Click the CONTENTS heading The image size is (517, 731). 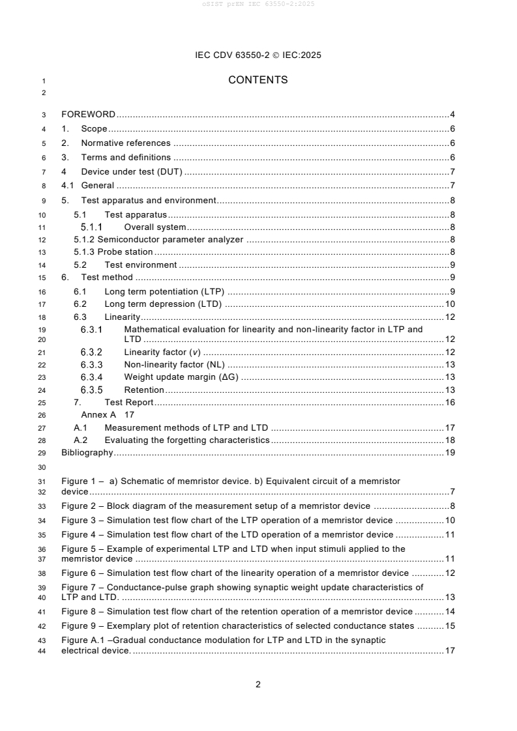point(258,80)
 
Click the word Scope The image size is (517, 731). point(94,129)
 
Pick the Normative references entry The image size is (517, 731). point(125,143)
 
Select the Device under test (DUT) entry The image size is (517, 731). point(131,172)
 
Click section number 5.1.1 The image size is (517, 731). point(91,227)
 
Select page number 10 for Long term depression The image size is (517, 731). point(449,304)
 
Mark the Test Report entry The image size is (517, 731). point(128,403)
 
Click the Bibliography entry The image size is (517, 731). point(87,452)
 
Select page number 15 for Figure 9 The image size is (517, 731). point(449,626)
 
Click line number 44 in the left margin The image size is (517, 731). point(43,652)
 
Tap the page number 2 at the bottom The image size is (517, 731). point(258,684)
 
